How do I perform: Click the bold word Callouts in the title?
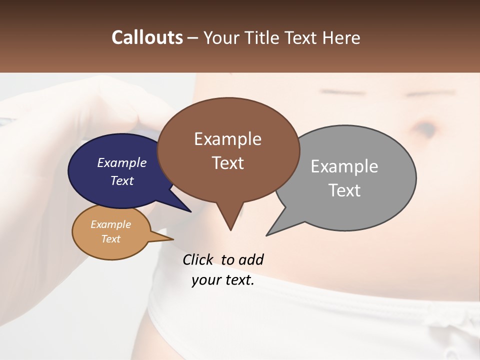point(147,37)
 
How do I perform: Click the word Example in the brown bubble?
point(227,139)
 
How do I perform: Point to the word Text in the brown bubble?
point(227,163)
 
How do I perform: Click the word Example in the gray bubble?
point(344,166)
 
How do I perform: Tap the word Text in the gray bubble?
point(344,190)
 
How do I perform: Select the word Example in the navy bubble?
point(121,162)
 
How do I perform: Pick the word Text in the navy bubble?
point(121,180)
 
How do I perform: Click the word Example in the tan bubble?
point(110,224)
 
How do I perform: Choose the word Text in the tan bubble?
point(110,239)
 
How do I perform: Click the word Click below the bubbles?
point(198,260)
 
